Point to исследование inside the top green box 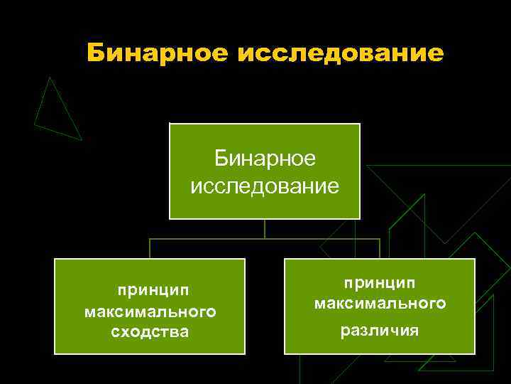265,186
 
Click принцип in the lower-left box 150,291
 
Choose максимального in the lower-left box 150,311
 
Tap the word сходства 150,332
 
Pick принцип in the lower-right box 380,283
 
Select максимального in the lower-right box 380,304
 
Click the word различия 380,331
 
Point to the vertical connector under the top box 265,228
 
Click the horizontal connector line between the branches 206,239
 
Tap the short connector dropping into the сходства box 150,248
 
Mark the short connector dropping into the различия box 380,248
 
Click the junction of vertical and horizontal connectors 265,239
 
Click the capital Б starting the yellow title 97,53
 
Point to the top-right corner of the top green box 360,124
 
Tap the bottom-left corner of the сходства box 55,353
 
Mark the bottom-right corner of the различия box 474,353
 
